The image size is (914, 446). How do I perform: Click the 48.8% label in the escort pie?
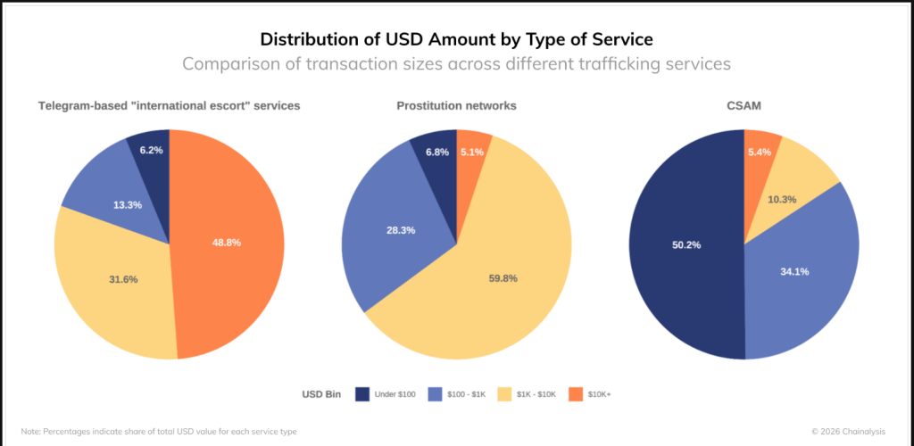pyautogui.click(x=227, y=242)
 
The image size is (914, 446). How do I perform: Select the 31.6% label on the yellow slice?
pyautogui.click(x=124, y=279)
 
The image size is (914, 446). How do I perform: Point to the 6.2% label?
pyautogui.click(x=151, y=150)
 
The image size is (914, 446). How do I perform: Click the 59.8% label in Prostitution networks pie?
pyautogui.click(x=503, y=277)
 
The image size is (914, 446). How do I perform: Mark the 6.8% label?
pyautogui.click(x=437, y=152)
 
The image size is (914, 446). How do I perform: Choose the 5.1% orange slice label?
pyautogui.click(x=471, y=152)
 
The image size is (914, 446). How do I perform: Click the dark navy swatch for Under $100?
pyautogui.click(x=362, y=393)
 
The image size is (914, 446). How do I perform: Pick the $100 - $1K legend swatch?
pyautogui.click(x=436, y=393)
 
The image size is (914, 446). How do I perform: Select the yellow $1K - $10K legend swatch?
pyautogui.click(x=506, y=393)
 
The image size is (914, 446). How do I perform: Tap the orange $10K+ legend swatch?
pyautogui.click(x=577, y=393)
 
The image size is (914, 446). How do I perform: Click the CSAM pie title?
pyautogui.click(x=744, y=105)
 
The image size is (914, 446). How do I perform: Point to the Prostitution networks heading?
pyautogui.click(x=456, y=105)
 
